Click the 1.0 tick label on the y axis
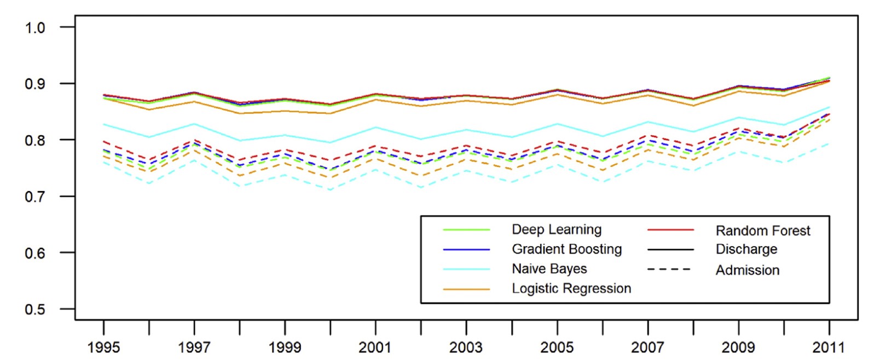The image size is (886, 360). (35, 27)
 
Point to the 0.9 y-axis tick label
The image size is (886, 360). (35, 84)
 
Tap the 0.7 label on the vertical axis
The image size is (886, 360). (35, 196)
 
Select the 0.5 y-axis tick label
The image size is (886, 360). (35, 309)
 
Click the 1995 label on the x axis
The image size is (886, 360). (103, 347)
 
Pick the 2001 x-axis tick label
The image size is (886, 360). (375, 347)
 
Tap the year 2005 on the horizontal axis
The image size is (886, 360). (557, 347)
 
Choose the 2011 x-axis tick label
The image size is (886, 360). (829, 347)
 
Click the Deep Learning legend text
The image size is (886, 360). (557, 230)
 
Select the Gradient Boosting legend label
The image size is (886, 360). (567, 249)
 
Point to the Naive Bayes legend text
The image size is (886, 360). (549, 269)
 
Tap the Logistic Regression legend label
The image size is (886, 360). (571, 289)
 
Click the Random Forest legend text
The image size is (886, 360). (763, 231)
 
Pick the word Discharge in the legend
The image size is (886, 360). (746, 249)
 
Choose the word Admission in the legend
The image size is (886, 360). (748, 270)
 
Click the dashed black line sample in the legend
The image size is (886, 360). (670, 270)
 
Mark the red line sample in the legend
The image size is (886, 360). (670, 230)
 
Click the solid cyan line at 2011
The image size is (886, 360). (829, 107)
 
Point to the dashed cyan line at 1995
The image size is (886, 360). (103, 162)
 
